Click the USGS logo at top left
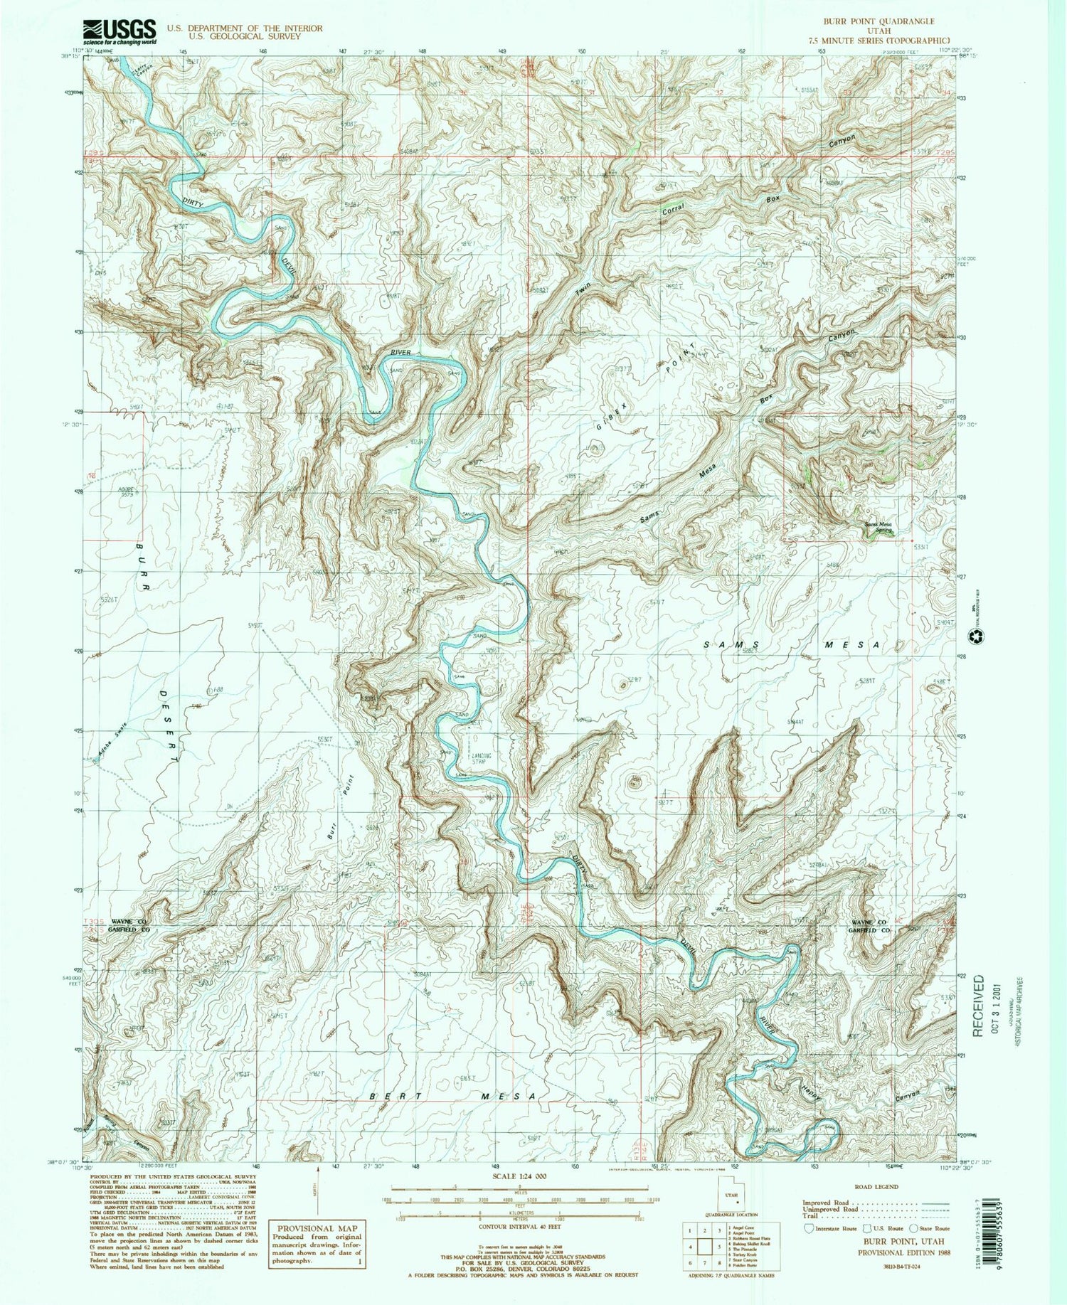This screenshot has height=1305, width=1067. pos(120,31)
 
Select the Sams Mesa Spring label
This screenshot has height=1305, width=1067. pos(878,528)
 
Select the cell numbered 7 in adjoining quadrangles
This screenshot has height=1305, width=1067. pos(704,1263)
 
